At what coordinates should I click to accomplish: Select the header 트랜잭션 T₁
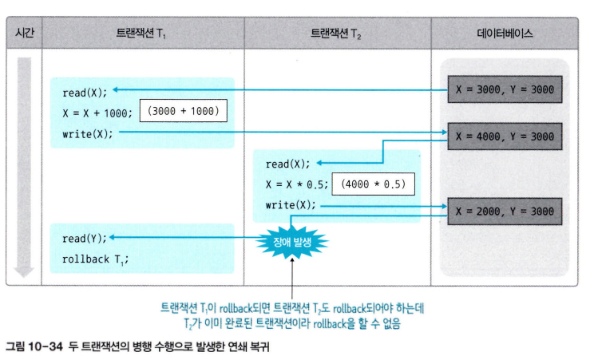141,34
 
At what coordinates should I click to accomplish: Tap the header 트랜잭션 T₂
338,34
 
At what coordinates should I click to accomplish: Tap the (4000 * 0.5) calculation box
373,184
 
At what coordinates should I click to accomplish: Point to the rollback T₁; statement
94,259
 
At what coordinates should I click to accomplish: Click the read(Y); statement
84,238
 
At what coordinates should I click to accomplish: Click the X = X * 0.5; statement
295,184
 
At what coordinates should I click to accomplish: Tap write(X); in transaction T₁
87,133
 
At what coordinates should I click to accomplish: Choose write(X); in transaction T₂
291,205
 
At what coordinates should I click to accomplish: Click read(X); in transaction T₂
287,164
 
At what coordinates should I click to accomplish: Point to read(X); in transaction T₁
84,91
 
